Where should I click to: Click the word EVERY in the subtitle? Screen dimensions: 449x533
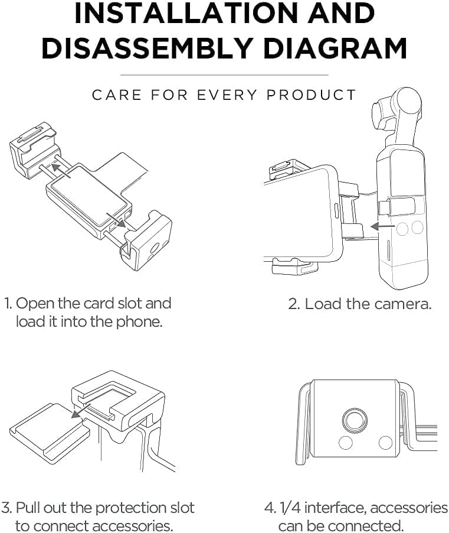[x=227, y=95]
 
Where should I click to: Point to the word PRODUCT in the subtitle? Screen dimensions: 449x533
[x=311, y=95]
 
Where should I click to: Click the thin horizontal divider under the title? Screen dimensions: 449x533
[x=224, y=75]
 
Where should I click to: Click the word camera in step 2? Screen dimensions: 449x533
[x=402, y=304]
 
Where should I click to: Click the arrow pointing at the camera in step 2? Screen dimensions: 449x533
[x=382, y=226]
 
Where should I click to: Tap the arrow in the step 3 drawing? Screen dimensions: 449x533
[x=81, y=410]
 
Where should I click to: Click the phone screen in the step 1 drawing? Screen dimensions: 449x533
[x=90, y=196]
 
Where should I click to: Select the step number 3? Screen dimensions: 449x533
[x=6, y=508]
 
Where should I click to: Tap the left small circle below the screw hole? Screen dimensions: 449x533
[x=346, y=442]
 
